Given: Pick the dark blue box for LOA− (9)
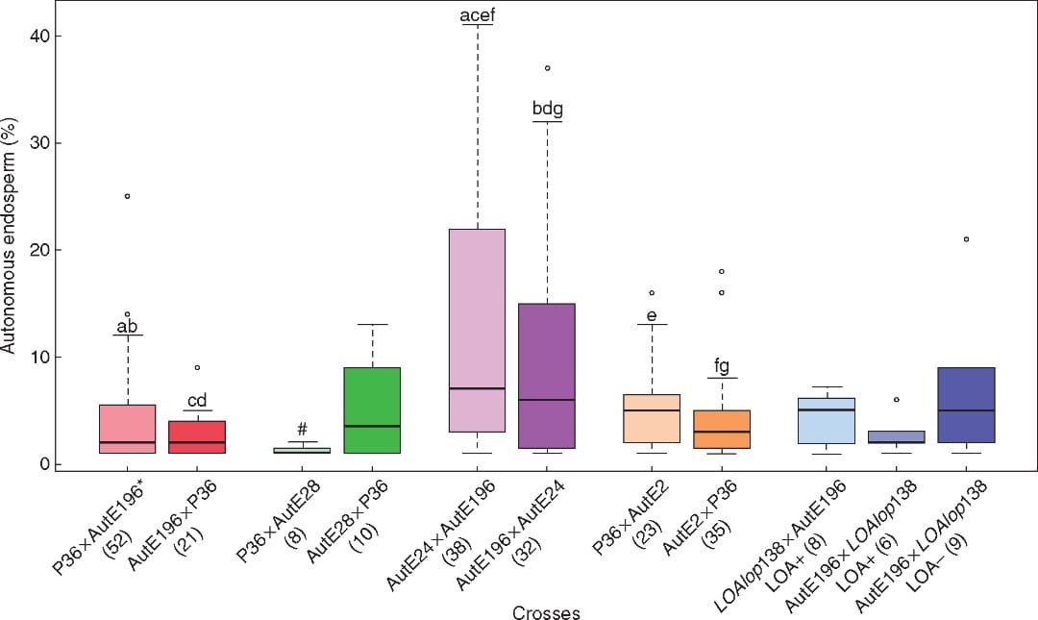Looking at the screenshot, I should coord(966,405).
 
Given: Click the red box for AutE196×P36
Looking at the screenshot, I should coord(197,436).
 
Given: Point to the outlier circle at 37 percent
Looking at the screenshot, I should coord(547,68).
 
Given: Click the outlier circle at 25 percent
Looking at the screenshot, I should coord(127,196).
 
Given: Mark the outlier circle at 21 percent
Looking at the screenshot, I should coord(966,239).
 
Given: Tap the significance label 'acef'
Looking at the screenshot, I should coord(477,14).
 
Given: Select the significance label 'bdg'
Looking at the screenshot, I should coord(547,110).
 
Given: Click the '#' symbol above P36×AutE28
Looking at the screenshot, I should coord(302,429).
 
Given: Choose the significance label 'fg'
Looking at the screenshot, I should coord(722,366).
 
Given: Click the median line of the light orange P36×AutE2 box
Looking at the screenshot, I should coord(652,410).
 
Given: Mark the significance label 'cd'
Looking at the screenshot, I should coord(197,400).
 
